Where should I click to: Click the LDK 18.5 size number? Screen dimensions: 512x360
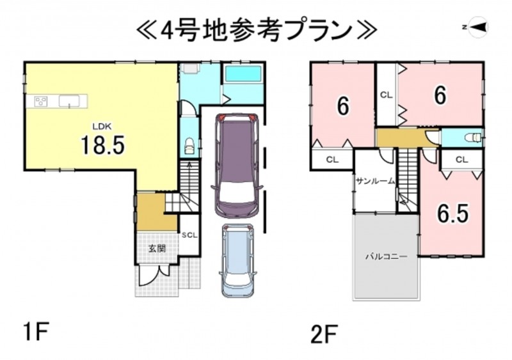coord(102,145)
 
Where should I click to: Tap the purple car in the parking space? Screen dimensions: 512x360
coord(237,166)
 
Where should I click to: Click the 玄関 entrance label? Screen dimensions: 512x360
coord(157,248)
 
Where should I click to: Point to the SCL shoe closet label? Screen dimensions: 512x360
coord(189,235)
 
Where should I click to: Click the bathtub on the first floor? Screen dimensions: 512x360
coord(243,74)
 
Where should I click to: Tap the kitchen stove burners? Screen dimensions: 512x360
coord(42,101)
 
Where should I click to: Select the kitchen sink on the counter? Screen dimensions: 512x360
coord(69,100)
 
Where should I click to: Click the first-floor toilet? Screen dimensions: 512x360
coord(189,146)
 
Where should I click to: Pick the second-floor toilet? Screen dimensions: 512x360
coord(474,137)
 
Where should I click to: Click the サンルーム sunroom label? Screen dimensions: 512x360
coord(376,181)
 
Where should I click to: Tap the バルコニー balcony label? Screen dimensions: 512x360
coord(386,256)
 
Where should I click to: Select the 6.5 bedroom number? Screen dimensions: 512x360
coord(453,213)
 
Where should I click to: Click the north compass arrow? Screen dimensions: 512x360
coord(477,27)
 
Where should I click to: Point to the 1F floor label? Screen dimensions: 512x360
coord(36,331)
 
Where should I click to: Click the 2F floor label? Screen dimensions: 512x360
coord(324,333)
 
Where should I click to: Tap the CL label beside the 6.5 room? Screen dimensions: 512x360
coord(461,160)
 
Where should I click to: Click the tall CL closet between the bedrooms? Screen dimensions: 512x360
coord(386,95)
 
